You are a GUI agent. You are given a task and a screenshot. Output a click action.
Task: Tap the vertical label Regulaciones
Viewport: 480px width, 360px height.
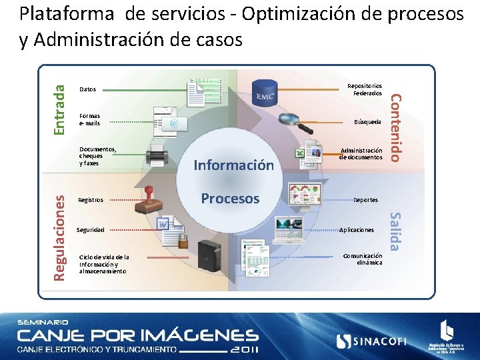[x=60, y=237]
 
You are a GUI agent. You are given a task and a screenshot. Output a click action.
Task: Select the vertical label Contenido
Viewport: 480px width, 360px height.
[x=395, y=127]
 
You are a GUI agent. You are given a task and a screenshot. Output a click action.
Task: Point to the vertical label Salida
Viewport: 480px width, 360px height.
[x=395, y=232]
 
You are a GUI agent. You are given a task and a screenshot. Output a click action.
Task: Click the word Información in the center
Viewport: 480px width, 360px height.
[x=233, y=165]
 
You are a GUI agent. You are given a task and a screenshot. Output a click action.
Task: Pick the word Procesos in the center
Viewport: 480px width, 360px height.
[x=230, y=198]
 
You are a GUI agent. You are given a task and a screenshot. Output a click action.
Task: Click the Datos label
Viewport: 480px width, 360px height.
[x=87, y=89]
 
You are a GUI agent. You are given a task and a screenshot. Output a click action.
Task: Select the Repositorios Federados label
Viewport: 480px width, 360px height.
[x=365, y=89]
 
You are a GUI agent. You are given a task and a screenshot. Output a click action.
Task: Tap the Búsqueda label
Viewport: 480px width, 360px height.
[x=368, y=122]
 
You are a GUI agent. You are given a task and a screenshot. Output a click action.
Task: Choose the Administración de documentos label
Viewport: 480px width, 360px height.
[x=361, y=154]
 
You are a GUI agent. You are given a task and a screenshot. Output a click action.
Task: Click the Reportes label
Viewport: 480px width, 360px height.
[x=365, y=200]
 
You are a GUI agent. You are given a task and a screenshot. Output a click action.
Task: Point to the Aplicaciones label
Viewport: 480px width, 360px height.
[x=357, y=229]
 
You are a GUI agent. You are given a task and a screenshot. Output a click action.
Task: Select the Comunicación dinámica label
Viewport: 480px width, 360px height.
[x=363, y=259]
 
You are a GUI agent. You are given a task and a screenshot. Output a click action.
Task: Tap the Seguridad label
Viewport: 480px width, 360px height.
[x=91, y=230]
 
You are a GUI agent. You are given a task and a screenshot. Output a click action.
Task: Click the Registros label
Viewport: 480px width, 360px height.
[x=91, y=200]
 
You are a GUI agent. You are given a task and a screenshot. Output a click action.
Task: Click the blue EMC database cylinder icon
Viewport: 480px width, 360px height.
[x=265, y=93]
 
